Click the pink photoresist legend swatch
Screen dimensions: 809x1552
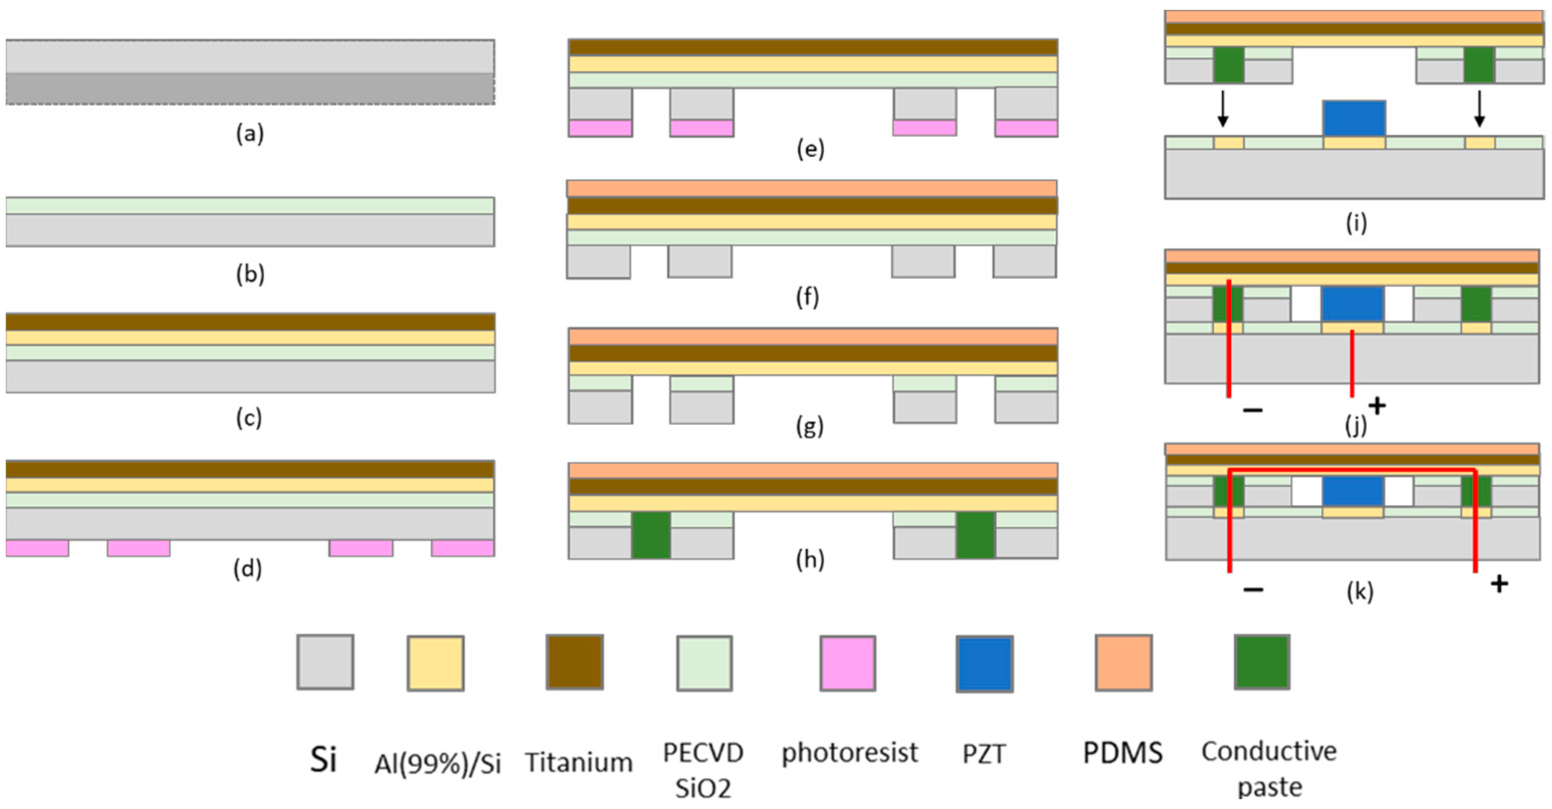[847, 663]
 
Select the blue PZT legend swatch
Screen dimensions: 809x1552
[984, 663]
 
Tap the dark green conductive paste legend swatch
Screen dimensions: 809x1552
[1262, 661]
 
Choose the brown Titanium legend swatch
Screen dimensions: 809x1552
[574, 661]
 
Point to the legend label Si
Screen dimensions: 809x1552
[323, 758]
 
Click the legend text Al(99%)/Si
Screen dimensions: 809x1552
[438, 763]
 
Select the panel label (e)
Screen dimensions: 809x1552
[810, 149]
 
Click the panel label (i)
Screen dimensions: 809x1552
[1356, 223]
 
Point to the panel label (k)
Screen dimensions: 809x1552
[1360, 591]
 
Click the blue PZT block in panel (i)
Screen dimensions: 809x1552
[1354, 118]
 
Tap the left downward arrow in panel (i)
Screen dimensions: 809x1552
[1222, 109]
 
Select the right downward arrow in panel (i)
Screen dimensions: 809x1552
[1479, 109]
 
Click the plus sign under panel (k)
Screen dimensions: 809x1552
[1499, 583]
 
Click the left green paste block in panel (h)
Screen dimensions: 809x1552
[651, 535]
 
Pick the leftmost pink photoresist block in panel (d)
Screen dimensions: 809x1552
[37, 548]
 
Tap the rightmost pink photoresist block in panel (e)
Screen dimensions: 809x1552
[1026, 128]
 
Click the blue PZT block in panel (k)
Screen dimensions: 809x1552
[1353, 491]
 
